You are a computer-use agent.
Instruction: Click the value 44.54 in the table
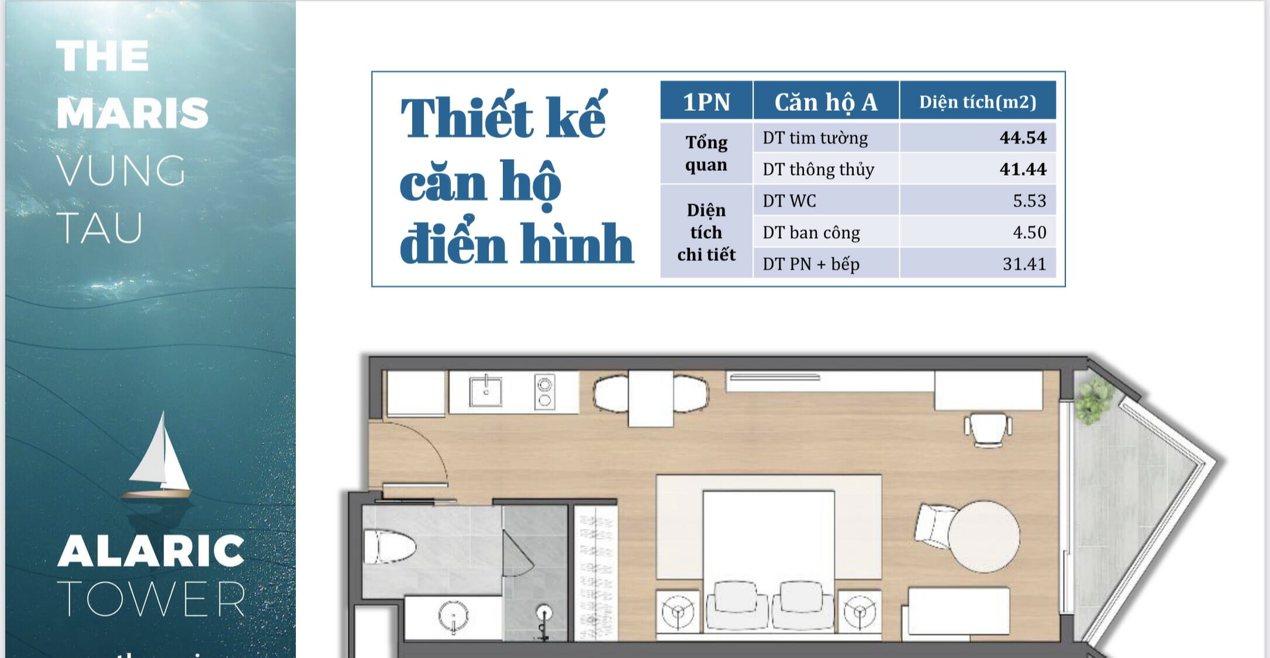pyautogui.click(x=1023, y=137)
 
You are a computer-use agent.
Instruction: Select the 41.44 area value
pyautogui.click(x=1023, y=169)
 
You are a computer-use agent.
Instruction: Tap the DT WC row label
pyautogui.click(x=789, y=201)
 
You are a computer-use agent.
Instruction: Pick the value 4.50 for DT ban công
pyautogui.click(x=1029, y=232)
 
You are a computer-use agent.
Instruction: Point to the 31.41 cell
pyautogui.click(x=1024, y=264)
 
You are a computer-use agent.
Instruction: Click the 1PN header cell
pyautogui.click(x=706, y=102)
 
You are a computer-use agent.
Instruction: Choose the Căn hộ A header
pyautogui.click(x=826, y=102)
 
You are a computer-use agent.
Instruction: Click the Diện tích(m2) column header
pyautogui.click(x=978, y=102)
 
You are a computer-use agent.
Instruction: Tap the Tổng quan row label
pyautogui.click(x=706, y=153)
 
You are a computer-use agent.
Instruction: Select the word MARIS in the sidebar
pyautogui.click(x=133, y=113)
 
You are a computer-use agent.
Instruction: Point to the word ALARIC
pyautogui.click(x=151, y=551)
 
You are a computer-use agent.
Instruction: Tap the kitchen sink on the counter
pyautogui.click(x=485, y=391)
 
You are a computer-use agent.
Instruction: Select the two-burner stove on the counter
pyautogui.click(x=544, y=392)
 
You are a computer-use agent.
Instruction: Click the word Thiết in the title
pyautogui.click(x=466, y=117)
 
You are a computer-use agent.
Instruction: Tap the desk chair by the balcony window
pyautogui.click(x=988, y=430)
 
